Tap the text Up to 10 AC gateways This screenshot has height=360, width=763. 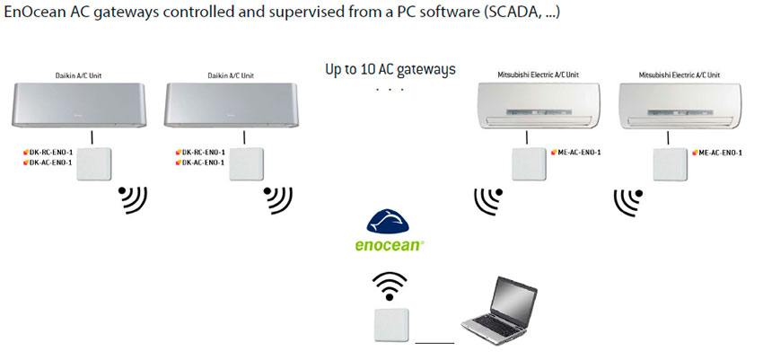point(390,69)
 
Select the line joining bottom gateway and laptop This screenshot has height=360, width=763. point(435,341)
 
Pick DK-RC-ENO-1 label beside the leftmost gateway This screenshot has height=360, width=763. point(50,153)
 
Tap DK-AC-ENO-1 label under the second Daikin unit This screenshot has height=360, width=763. point(203,162)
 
